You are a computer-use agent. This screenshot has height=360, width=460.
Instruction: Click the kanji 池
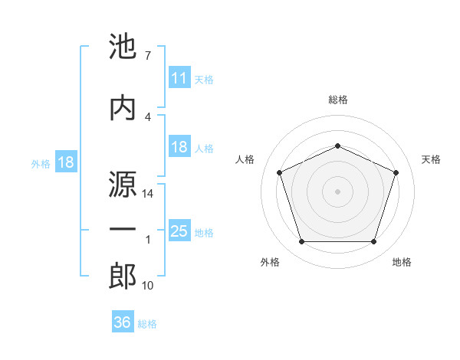pyautogui.click(x=123, y=48)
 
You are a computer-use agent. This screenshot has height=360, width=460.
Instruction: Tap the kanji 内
pyautogui.click(x=123, y=106)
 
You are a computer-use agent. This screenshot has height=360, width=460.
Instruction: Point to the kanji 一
pyautogui.click(x=123, y=231)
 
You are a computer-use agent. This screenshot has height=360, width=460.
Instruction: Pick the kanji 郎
pyautogui.click(x=123, y=277)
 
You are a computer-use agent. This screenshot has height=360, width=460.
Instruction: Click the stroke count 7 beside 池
pyautogui.click(x=147, y=56)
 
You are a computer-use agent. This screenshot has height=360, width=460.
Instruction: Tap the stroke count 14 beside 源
pyautogui.click(x=149, y=195)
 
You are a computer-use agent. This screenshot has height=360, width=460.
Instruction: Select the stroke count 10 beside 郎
pyautogui.click(x=149, y=286)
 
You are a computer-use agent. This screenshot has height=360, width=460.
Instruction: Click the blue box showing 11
pyautogui.click(x=179, y=78)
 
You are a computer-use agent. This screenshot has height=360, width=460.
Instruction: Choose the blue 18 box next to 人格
pyautogui.click(x=179, y=148)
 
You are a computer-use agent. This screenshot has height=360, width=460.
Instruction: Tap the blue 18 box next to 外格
pyautogui.click(x=65, y=163)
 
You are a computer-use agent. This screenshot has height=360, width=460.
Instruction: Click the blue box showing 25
pyautogui.click(x=179, y=231)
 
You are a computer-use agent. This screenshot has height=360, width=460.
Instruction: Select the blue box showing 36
pyautogui.click(x=123, y=322)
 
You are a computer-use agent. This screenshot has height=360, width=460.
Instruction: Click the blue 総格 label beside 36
pyautogui.click(x=147, y=324)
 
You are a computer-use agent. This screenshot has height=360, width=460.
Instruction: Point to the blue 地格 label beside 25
pyautogui.click(x=205, y=233)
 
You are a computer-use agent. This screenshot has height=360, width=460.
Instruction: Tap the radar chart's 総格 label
pyautogui.click(x=338, y=100)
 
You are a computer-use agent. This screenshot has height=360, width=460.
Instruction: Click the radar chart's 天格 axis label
pyautogui.click(x=431, y=159)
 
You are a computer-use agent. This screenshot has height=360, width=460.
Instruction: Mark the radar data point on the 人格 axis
pyautogui.click(x=279, y=172)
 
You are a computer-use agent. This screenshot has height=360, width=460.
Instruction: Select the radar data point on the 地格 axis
pyautogui.click(x=373, y=242)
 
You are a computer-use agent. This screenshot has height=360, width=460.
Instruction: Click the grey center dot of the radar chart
pyautogui.click(x=337, y=191)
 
